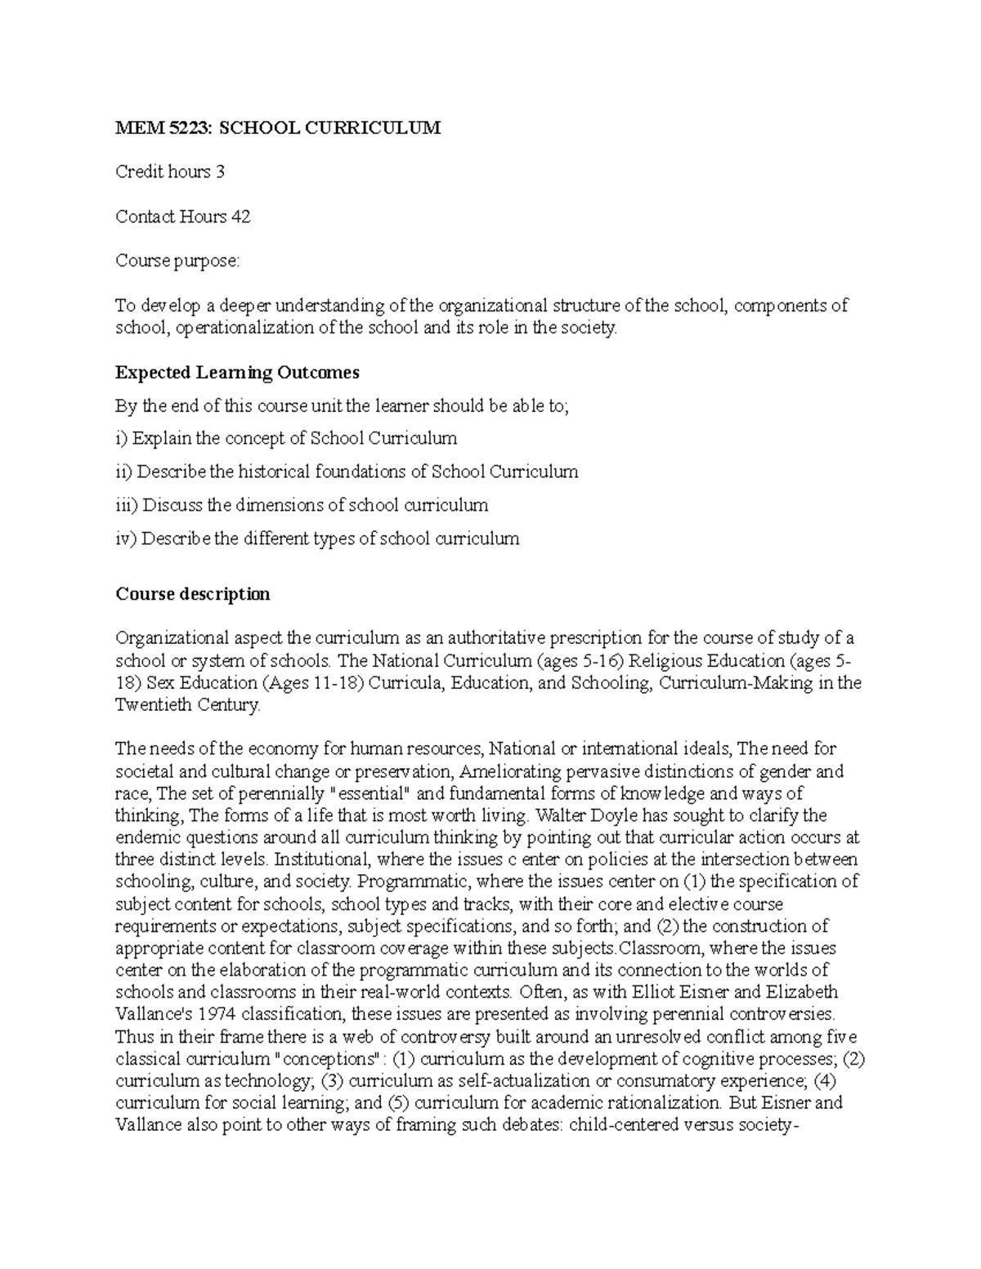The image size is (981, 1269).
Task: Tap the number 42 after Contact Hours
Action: [240, 217]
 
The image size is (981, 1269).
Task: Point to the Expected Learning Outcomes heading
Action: [237, 373]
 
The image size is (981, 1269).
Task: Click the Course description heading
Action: [192, 594]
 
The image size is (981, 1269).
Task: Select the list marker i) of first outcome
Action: [121, 439]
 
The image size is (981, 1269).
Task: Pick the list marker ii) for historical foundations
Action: [123, 472]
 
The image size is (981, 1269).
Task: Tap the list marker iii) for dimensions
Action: [126, 506]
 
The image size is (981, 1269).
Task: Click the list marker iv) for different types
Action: [126, 539]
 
